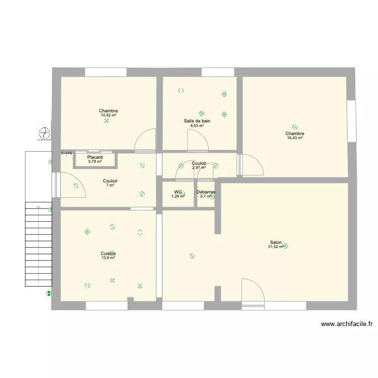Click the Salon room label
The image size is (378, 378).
pyautogui.click(x=275, y=242)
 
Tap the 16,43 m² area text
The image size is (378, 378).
pyautogui.click(x=295, y=138)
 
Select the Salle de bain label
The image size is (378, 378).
pyautogui.click(x=197, y=121)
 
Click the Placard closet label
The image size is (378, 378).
pyautogui.click(x=95, y=158)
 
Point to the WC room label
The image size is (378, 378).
pyautogui.click(x=177, y=192)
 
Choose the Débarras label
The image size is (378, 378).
pyautogui.click(x=206, y=192)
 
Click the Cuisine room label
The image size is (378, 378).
pyautogui.click(x=108, y=254)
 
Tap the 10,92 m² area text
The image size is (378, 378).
pyautogui.click(x=108, y=115)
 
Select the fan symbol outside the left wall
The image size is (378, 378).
pyautogui.click(x=45, y=133)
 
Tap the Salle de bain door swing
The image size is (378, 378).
pyautogui.click(x=197, y=140)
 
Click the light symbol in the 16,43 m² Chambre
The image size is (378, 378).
pyautogui.click(x=295, y=128)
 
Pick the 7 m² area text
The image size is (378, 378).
pyautogui.click(x=110, y=185)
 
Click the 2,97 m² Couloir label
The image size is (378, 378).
pyautogui.click(x=199, y=163)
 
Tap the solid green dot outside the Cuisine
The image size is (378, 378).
pyautogui.click(x=49, y=293)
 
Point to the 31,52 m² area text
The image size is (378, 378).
pyautogui.click(x=276, y=247)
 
